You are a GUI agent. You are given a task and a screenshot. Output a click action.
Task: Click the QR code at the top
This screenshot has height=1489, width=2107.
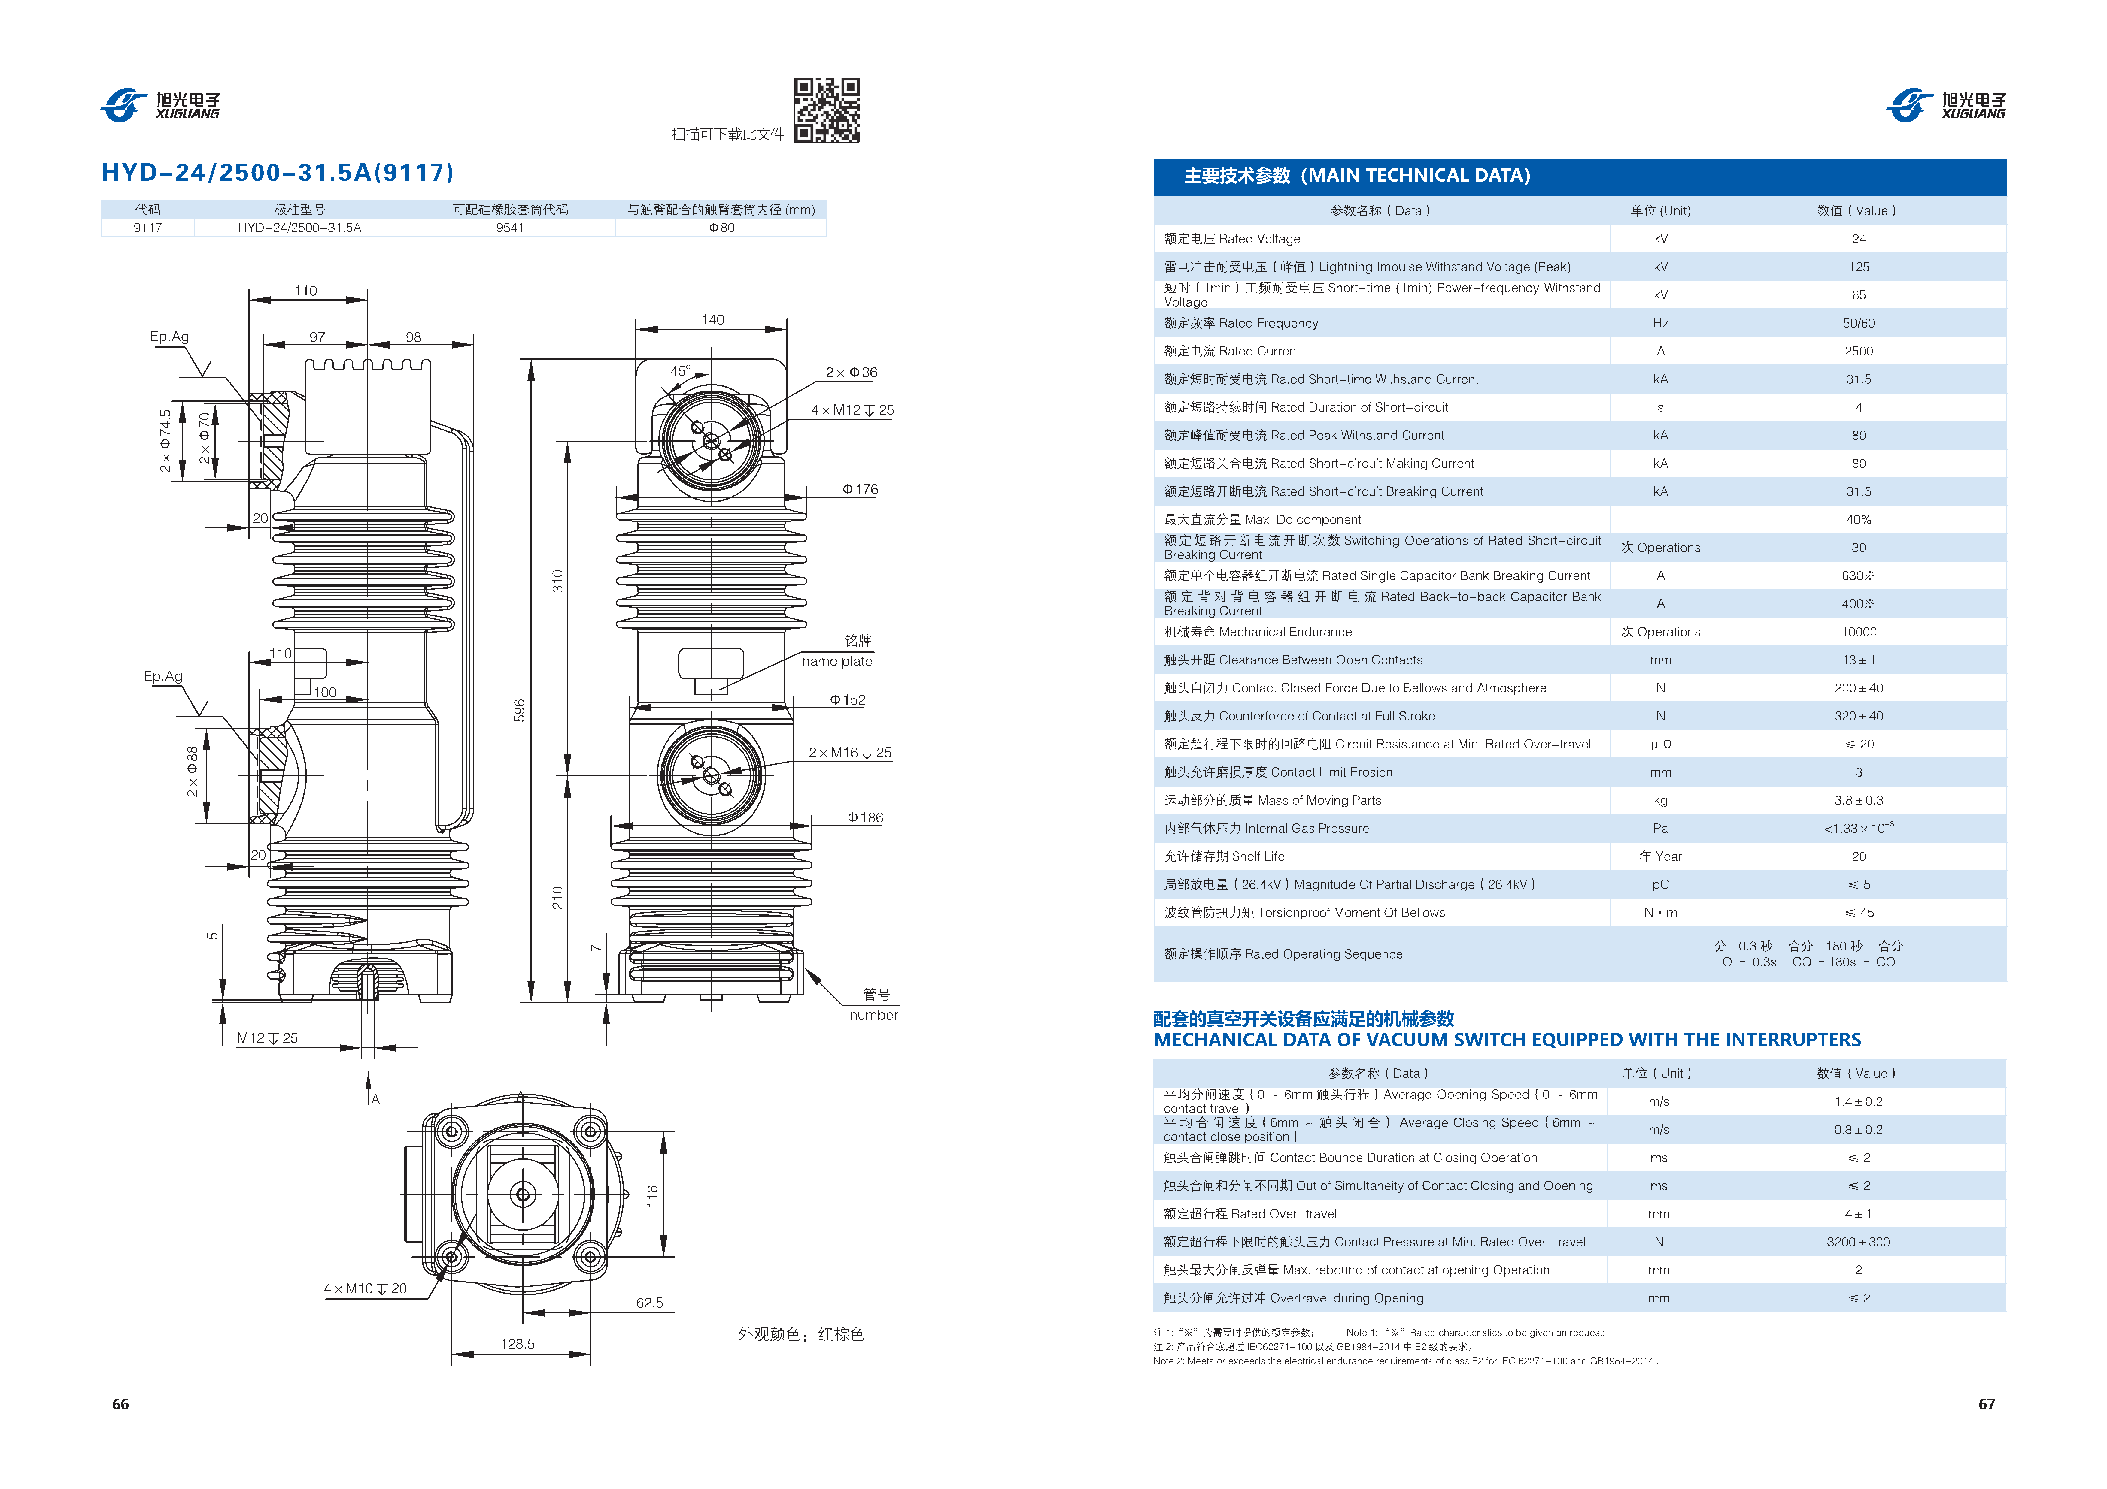[x=826, y=110]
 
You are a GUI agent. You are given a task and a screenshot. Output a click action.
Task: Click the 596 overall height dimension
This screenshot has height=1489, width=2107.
[x=519, y=710]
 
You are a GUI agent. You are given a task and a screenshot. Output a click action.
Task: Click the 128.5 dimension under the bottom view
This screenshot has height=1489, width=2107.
[x=518, y=1343]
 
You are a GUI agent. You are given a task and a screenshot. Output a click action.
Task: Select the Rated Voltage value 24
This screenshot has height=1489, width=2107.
[x=1858, y=239]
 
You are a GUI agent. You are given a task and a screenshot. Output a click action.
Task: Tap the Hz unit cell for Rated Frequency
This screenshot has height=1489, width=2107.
[x=1660, y=323]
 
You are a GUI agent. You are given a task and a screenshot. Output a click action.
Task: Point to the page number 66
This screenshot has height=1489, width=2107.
[x=120, y=1404]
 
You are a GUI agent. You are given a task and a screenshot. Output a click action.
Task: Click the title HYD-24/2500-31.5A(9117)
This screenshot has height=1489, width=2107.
[x=277, y=173]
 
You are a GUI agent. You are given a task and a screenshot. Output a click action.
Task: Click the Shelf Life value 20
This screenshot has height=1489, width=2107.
[x=1858, y=856]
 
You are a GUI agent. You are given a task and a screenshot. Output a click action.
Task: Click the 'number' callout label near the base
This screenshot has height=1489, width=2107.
[x=873, y=1015]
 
